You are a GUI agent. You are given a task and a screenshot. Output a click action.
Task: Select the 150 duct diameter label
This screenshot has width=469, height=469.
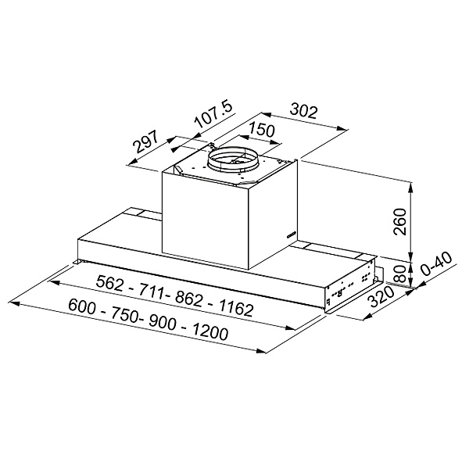tap(262, 131)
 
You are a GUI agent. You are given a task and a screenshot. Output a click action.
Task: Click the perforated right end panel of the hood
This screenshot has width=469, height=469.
tap(352, 287)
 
